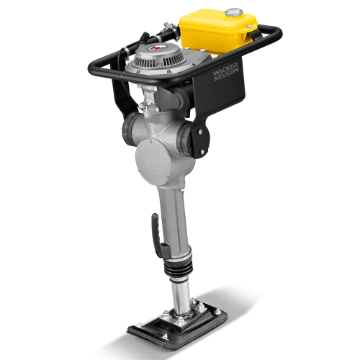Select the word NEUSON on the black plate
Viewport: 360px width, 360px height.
(x=226, y=75)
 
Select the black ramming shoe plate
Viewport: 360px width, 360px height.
(x=177, y=330)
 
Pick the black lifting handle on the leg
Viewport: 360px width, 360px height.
(x=158, y=236)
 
